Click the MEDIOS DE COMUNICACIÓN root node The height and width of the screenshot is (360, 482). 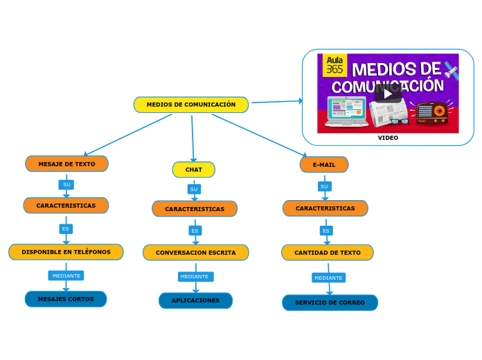[191, 105]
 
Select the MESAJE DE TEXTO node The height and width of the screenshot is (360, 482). [66, 164]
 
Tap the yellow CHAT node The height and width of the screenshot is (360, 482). [194, 170]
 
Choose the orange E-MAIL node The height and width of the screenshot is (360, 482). [324, 165]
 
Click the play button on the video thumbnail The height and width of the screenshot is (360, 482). [387, 93]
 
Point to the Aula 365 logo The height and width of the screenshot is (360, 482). [334, 64]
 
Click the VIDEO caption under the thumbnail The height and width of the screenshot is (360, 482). [388, 138]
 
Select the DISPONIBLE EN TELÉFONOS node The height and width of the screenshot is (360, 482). [66, 252]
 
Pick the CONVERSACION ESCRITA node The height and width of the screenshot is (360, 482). [195, 253]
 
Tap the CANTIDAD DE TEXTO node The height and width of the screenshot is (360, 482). [327, 253]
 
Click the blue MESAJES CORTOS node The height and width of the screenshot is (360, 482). [66, 299]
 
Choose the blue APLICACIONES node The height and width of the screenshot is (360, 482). [195, 300]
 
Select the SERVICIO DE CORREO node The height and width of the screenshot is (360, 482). [330, 303]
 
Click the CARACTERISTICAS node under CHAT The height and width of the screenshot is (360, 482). [195, 209]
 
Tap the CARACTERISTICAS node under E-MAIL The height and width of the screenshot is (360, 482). [325, 208]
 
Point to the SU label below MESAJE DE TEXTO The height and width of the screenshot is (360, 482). [66, 185]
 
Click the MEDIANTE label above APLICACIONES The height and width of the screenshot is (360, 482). [195, 277]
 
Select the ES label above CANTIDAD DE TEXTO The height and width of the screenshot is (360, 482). [325, 231]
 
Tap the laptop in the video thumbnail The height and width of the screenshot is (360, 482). [346, 111]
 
